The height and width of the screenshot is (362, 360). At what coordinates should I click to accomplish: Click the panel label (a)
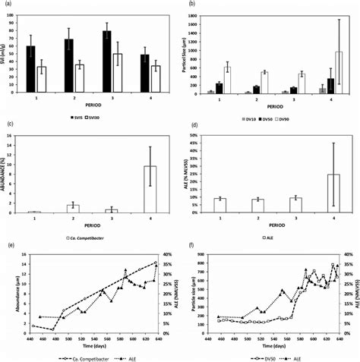coord(6,5)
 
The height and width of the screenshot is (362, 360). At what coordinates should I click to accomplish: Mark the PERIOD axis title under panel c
coord(90,225)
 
